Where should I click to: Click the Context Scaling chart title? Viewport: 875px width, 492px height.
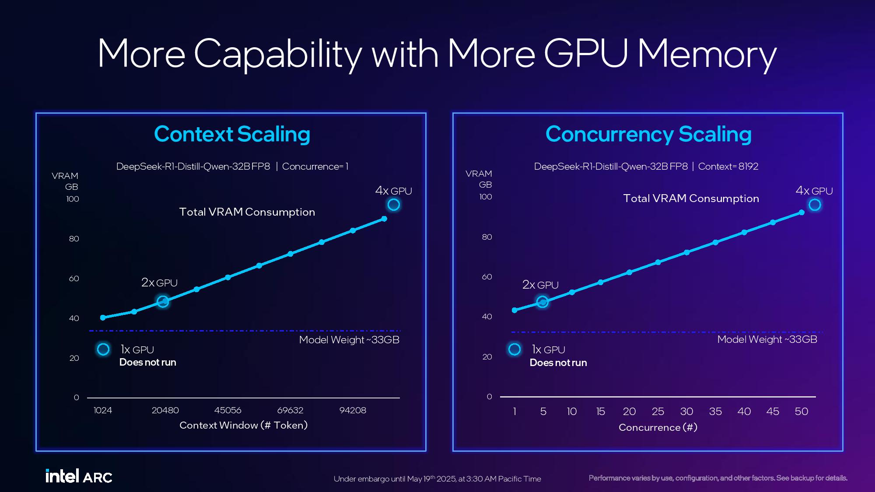point(232,134)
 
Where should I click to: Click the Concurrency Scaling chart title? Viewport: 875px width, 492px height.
point(648,134)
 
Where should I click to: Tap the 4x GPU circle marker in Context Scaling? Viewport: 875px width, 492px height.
point(394,205)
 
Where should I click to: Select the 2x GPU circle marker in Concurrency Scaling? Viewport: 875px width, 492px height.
point(542,302)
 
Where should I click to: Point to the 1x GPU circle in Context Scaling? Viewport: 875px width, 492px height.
point(103,349)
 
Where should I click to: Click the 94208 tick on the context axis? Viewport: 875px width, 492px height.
point(353,410)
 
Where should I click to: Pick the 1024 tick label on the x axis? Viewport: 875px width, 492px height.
point(103,410)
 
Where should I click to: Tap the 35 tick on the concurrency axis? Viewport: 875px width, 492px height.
point(715,412)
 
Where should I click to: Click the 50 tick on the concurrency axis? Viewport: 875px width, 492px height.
point(801,412)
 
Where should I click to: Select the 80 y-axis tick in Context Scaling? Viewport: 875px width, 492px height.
point(74,239)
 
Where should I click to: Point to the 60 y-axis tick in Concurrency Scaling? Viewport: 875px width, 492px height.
point(487,277)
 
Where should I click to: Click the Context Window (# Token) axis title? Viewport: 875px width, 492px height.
point(243,425)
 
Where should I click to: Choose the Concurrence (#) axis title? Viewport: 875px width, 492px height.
point(658,427)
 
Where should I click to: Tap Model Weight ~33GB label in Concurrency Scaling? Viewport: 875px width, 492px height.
point(767,339)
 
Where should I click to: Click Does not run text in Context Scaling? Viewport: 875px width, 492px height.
point(147,363)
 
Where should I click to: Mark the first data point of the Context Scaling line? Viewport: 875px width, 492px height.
point(103,318)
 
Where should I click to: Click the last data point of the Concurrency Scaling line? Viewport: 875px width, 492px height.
point(801,213)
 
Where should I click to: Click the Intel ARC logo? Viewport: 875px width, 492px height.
point(79,476)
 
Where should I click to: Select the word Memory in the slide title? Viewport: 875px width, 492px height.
point(707,54)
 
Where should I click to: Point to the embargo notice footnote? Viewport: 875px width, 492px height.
point(437,479)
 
